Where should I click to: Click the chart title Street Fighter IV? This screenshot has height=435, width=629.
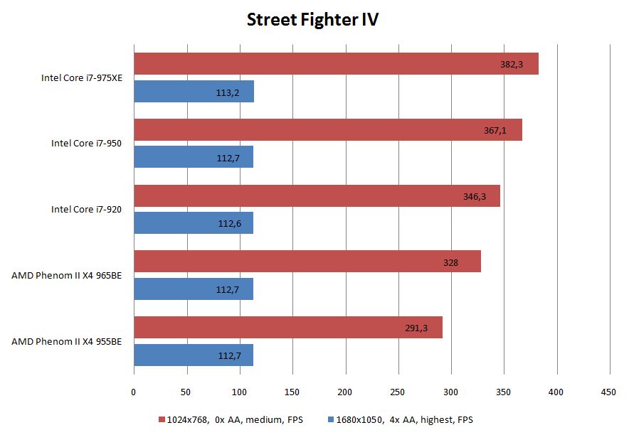312,19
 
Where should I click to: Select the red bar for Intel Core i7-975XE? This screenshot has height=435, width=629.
335,63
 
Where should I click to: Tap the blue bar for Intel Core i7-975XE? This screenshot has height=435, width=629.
194,92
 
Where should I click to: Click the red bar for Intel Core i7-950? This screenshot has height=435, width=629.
327,129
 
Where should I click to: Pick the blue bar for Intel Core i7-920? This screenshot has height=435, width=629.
193,223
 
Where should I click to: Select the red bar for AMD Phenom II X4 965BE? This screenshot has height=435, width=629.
307,262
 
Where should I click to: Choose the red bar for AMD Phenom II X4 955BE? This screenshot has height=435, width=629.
287,327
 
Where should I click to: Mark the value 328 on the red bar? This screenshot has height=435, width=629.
450,262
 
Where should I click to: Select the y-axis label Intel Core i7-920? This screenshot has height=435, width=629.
86,210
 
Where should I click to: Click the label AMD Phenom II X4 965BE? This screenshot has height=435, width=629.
66,275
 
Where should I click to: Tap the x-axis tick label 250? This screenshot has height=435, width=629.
398,392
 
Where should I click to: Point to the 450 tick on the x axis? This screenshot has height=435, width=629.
609,392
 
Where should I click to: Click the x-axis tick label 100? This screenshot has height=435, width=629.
239,392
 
